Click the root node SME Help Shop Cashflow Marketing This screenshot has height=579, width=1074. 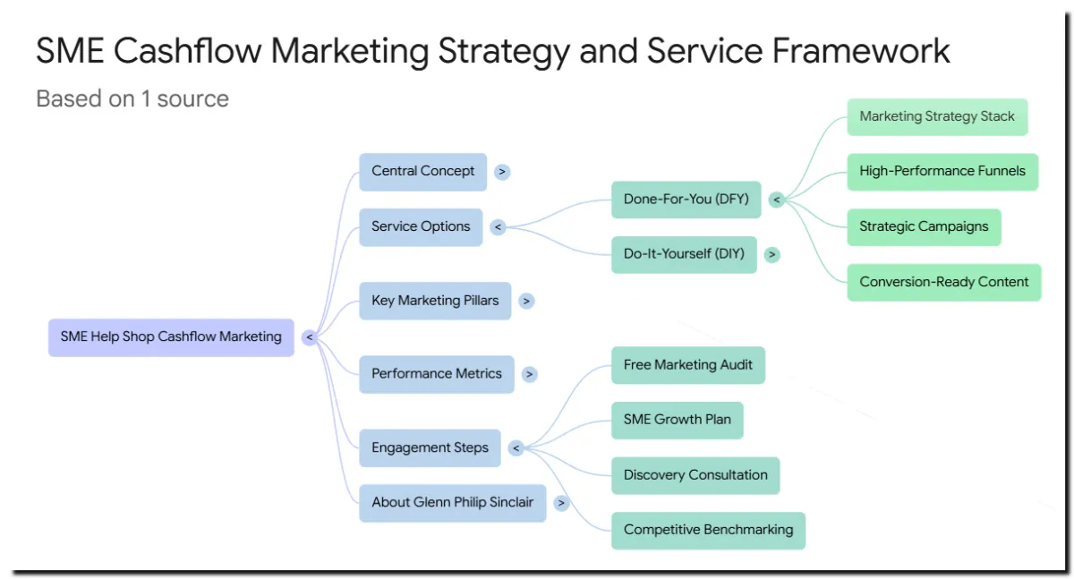tap(171, 337)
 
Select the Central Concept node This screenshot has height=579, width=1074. tap(422, 172)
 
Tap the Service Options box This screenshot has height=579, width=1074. tap(421, 227)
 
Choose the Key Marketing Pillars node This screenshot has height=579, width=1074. tap(435, 301)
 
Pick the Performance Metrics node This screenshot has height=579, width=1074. tap(437, 374)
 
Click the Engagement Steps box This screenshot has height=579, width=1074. tap(430, 447)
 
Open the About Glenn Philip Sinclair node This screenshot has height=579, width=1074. tap(452, 503)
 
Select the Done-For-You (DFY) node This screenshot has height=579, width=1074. tap(686, 200)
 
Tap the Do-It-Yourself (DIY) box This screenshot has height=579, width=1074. tap(684, 254)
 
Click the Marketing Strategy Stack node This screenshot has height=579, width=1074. tap(937, 117)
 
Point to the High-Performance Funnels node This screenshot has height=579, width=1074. tap(942, 172)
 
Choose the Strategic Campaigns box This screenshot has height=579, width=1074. tap(924, 227)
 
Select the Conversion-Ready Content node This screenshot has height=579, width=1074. tap(944, 282)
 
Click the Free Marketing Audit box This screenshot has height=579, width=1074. tap(687, 365)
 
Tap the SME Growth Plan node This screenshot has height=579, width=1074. tap(677, 420)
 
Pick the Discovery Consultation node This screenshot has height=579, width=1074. tap(695, 475)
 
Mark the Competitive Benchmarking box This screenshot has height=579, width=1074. tap(708, 530)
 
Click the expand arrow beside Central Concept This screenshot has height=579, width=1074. tap(502, 172)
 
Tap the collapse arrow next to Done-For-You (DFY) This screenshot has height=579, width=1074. tap(776, 200)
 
